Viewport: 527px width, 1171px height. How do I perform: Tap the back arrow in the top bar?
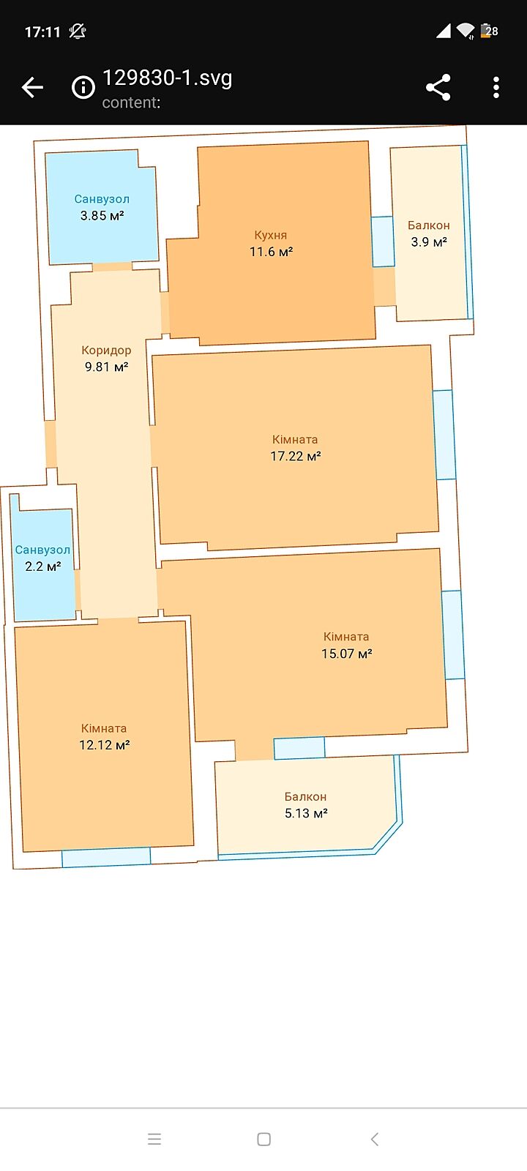pyautogui.click(x=32, y=87)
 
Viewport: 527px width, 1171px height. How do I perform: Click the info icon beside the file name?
pyautogui.click(x=83, y=87)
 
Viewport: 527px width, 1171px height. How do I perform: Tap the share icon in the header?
pyautogui.click(x=438, y=87)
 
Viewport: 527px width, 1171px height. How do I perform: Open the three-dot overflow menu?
pyautogui.click(x=496, y=87)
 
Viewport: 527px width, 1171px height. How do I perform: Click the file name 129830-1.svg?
pyautogui.click(x=167, y=78)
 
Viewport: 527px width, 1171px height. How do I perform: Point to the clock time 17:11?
pyautogui.click(x=43, y=32)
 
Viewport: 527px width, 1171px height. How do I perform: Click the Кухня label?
pyautogui.click(x=270, y=235)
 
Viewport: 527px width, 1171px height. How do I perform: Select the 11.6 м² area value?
pyautogui.click(x=271, y=252)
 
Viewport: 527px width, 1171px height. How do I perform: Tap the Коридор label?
pyautogui.click(x=106, y=351)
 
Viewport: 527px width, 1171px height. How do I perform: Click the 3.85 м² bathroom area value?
pyautogui.click(x=102, y=215)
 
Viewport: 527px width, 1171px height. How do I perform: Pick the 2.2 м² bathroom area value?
pyautogui.click(x=43, y=566)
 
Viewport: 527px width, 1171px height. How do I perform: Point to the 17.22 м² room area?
pyautogui.click(x=296, y=457)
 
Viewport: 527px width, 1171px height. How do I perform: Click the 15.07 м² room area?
pyautogui.click(x=347, y=654)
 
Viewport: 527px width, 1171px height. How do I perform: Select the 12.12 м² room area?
pyautogui.click(x=104, y=745)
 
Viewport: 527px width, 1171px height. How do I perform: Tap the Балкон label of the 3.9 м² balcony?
pyautogui.click(x=429, y=225)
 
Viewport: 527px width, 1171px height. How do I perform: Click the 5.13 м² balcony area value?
pyautogui.click(x=306, y=813)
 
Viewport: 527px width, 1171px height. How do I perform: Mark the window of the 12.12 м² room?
pyautogui.click(x=106, y=857)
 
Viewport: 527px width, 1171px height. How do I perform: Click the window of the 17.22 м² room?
pyautogui.click(x=444, y=435)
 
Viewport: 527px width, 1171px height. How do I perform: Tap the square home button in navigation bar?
pyautogui.click(x=264, y=1139)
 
